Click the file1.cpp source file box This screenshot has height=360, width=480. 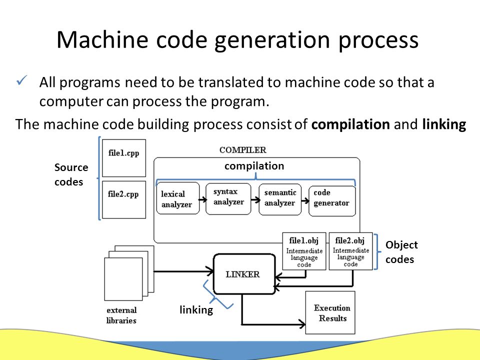[124, 158]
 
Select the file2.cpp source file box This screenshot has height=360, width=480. [124, 199]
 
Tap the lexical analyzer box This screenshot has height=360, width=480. [178, 198]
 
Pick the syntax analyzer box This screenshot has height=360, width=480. [228, 198]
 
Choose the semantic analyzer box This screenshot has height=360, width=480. [280, 199]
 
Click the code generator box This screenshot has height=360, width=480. [332, 201]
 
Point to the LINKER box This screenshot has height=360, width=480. [244, 274]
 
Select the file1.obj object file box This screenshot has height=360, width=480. [304, 251]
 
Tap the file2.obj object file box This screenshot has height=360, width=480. [351, 251]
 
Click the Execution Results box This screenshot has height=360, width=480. [330, 312]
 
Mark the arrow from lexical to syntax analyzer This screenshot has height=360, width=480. [202, 200]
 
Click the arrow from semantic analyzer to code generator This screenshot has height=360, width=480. [305, 201]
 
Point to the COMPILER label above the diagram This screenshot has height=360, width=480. [243, 150]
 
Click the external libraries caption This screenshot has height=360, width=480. [121, 315]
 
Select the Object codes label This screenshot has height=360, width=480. [401, 252]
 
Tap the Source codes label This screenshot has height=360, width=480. [71, 174]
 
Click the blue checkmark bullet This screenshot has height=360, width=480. [22, 80]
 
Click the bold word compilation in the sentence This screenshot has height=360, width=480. [350, 124]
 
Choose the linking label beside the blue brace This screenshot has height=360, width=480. [196, 310]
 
